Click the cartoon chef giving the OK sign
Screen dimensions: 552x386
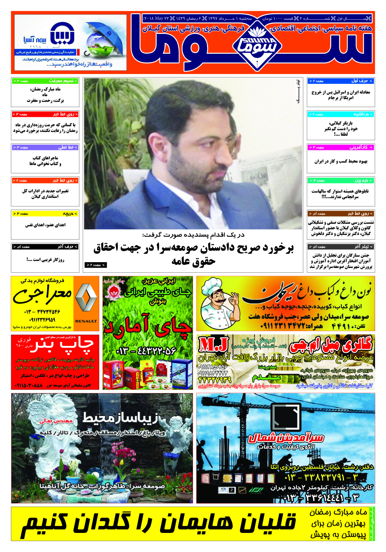coord(218,303)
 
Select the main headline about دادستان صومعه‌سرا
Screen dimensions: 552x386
coord(193,254)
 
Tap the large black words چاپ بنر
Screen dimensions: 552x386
coord(63,344)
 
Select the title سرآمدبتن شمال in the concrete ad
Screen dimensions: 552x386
coord(286,437)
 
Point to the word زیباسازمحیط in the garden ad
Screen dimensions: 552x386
coord(121,418)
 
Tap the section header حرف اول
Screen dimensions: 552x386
coord(360,81)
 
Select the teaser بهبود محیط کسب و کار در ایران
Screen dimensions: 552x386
coord(340,161)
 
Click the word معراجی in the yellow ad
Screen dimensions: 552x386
coord(43,295)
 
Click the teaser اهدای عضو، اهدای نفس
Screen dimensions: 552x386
coord(45,225)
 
